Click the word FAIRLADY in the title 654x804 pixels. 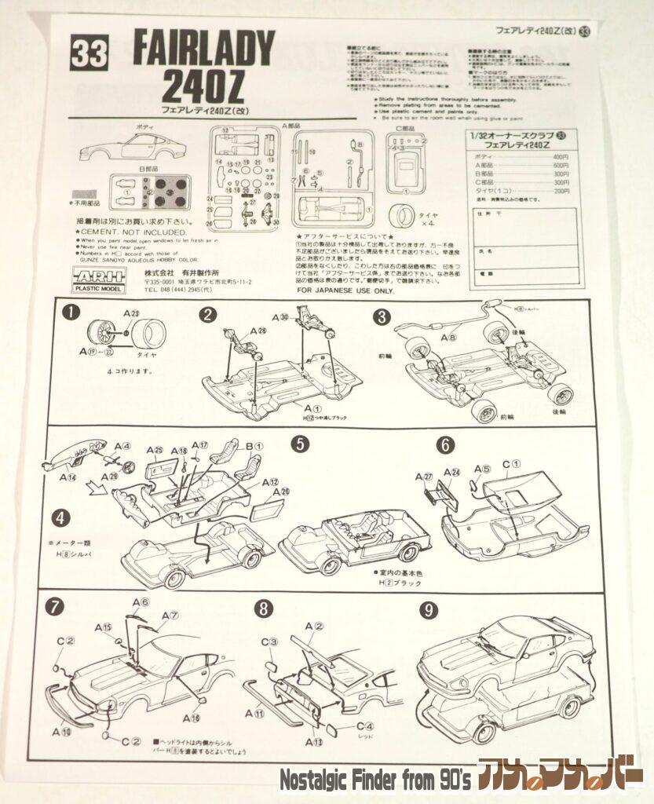click(204, 49)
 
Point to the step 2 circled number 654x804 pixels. click(207, 315)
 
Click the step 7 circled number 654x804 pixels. click(55, 607)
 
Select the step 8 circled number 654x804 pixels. click(265, 608)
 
